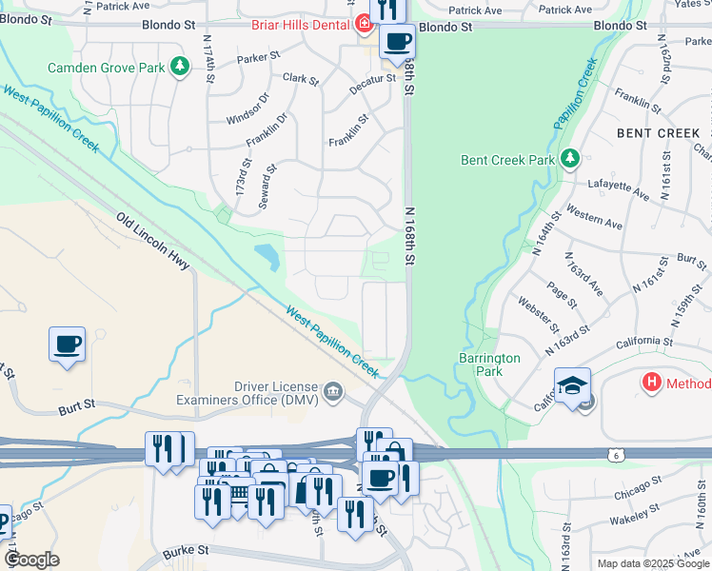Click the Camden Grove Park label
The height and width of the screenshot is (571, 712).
tap(107, 68)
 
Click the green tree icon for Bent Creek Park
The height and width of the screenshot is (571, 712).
tap(569, 158)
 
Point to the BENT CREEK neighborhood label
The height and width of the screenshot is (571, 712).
tap(658, 133)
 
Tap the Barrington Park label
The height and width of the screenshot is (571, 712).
tap(489, 364)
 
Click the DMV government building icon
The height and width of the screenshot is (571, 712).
tap(334, 390)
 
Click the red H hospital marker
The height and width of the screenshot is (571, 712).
tap(652, 384)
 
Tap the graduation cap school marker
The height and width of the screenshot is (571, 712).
tap(572, 385)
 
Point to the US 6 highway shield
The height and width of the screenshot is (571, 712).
tap(615, 455)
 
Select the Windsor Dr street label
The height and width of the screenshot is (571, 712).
tap(248, 108)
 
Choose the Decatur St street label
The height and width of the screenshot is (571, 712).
tap(371, 79)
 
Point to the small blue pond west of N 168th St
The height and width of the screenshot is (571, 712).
tap(267, 255)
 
